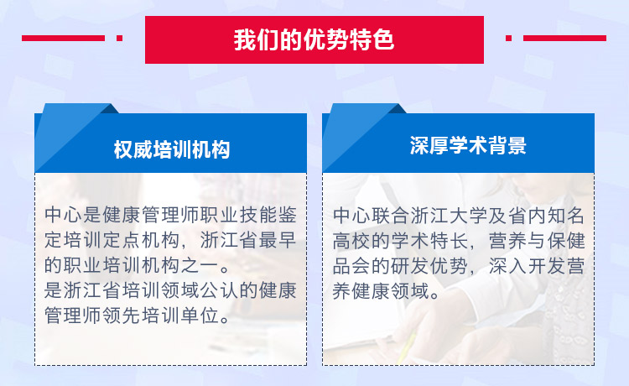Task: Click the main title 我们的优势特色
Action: (x=314, y=39)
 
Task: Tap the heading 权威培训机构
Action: (x=172, y=149)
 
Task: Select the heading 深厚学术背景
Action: (x=468, y=145)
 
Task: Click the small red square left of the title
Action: (x=119, y=38)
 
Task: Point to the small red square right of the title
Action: (x=508, y=38)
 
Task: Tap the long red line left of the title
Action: (x=63, y=38)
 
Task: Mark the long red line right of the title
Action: (x=564, y=38)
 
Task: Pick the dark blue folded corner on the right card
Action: (x=398, y=109)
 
